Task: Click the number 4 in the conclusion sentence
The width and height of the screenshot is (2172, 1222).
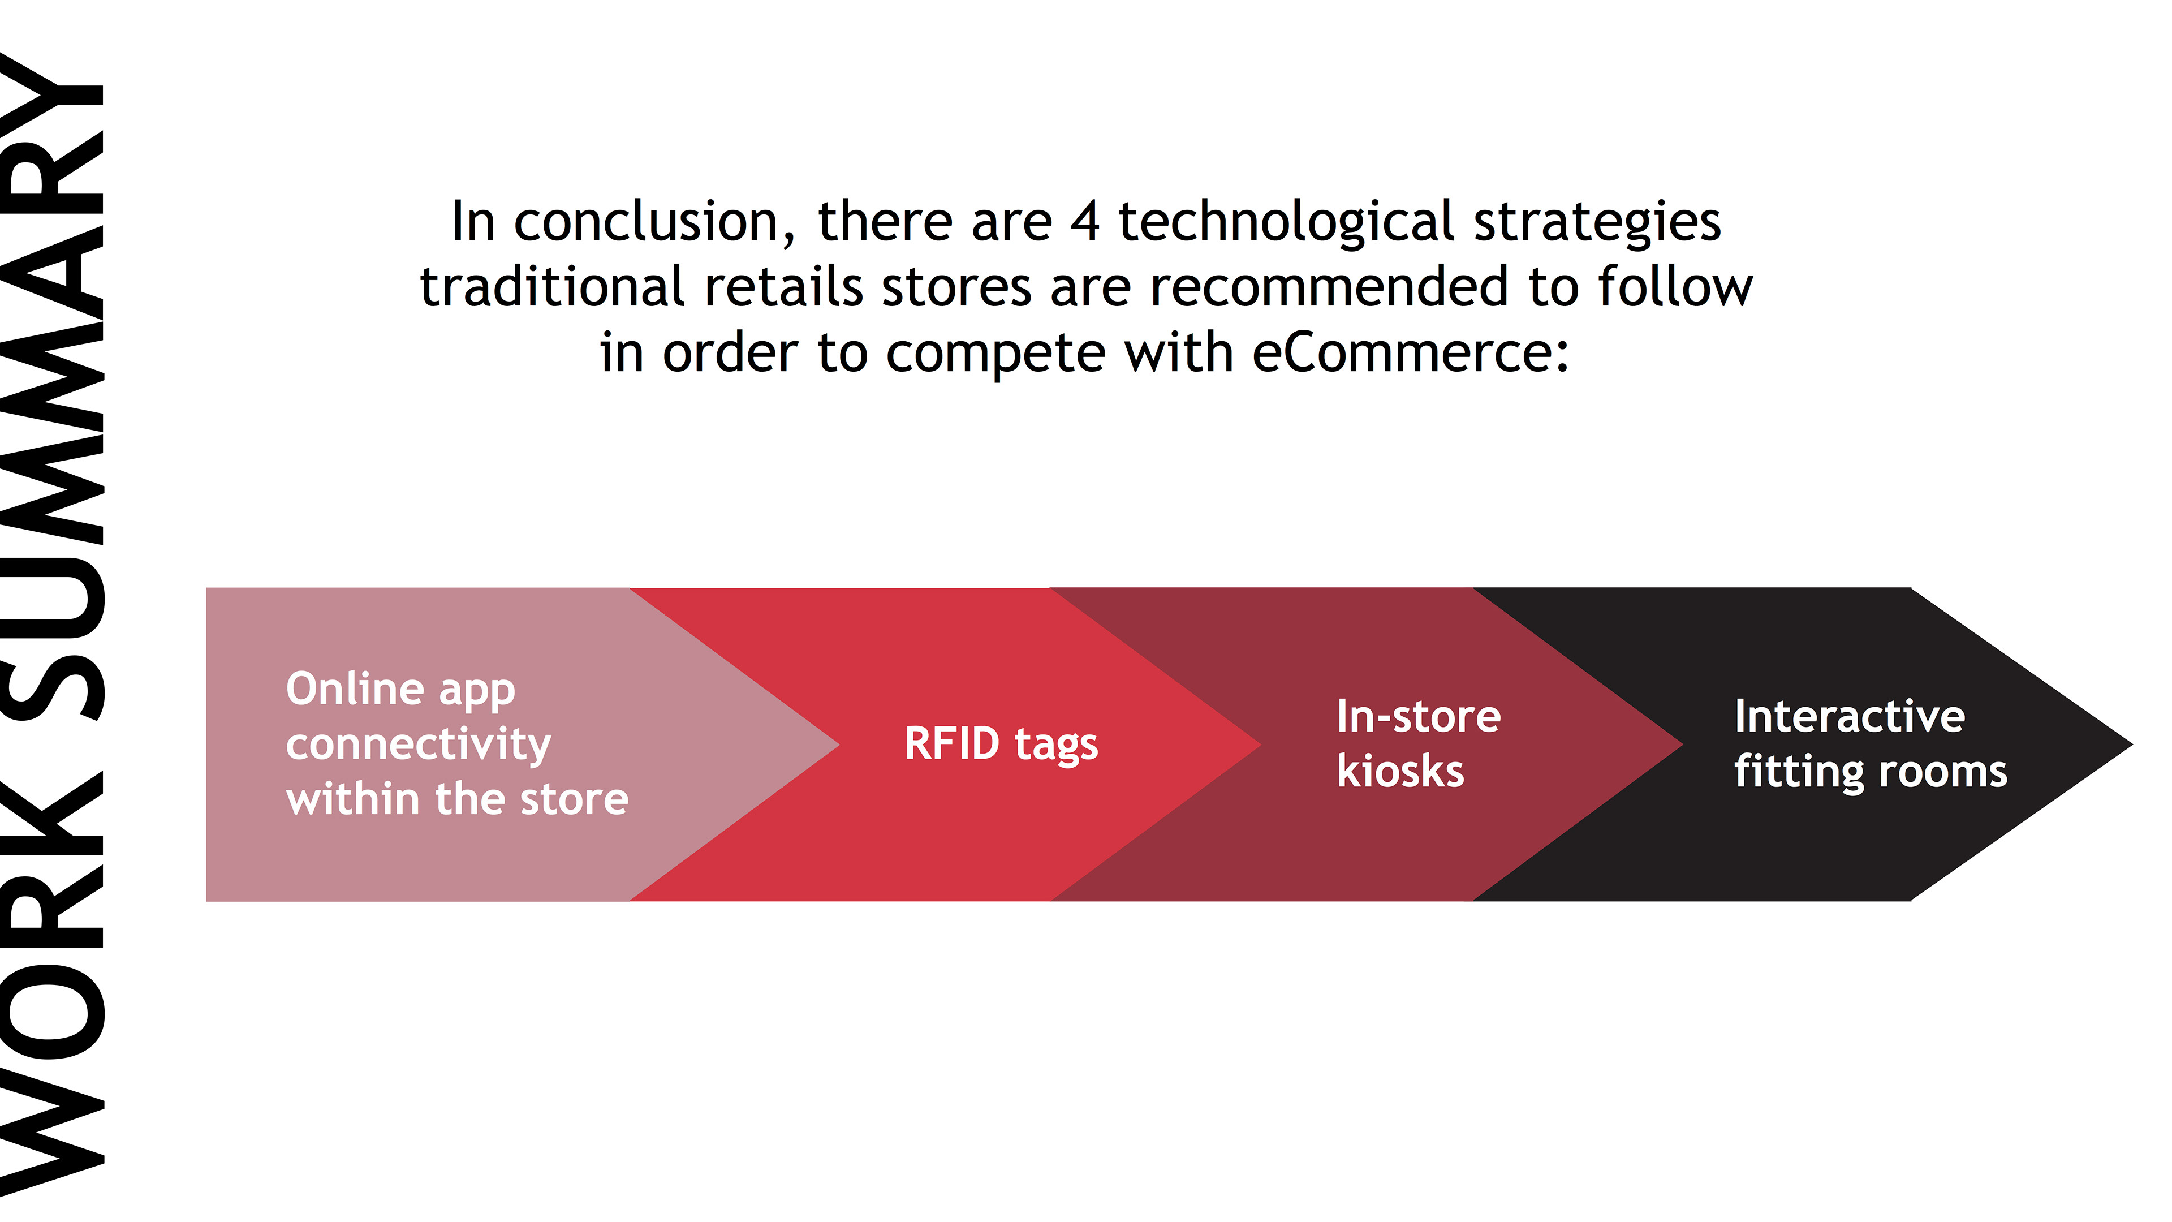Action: click(1085, 222)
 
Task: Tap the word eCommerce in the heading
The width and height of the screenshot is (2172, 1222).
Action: click(1411, 352)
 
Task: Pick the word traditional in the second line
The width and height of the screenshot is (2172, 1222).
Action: click(552, 287)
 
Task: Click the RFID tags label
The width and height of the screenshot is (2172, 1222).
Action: click(1001, 745)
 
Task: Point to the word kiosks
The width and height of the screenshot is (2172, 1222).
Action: click(1400, 771)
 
